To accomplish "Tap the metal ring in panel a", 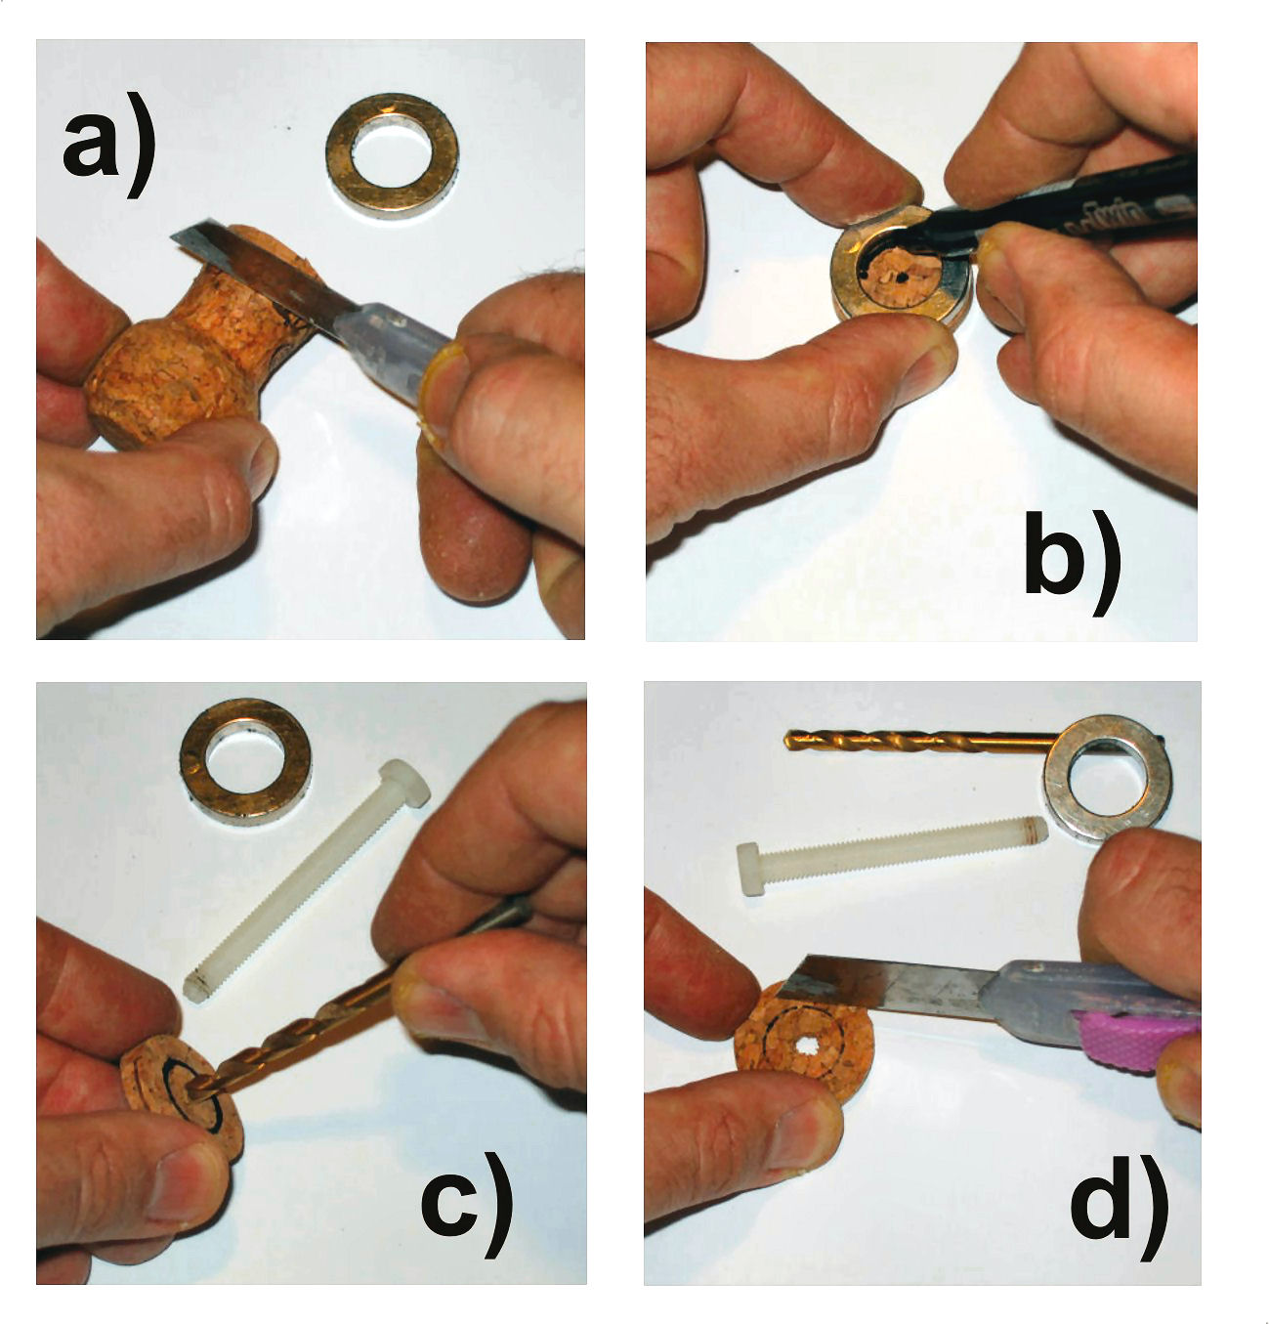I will click(392, 155).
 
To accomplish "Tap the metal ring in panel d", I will click(1108, 778).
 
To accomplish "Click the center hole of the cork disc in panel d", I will click(806, 1049).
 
